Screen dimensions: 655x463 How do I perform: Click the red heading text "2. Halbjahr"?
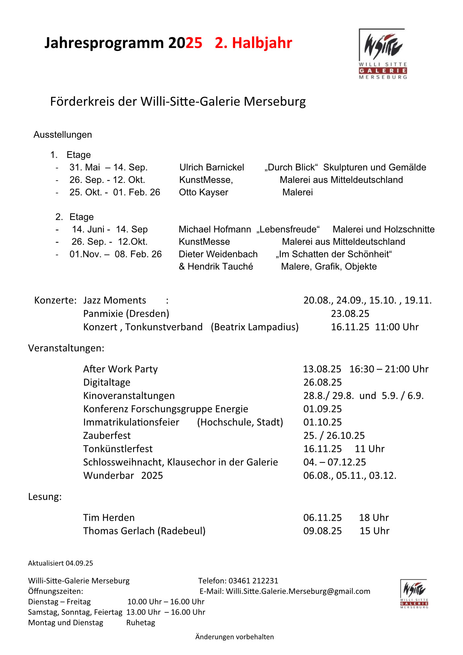[x=253, y=43]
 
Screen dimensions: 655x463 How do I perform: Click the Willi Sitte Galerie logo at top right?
[x=383, y=54]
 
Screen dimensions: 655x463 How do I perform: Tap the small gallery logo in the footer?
[x=414, y=593]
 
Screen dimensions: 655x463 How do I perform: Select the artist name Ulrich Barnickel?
[x=212, y=167]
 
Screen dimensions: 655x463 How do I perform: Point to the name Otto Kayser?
[x=203, y=192]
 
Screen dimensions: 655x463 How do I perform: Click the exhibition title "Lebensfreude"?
[x=288, y=229]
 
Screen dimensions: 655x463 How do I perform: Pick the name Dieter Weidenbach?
[x=218, y=254]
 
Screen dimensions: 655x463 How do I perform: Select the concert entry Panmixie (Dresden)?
[x=126, y=314]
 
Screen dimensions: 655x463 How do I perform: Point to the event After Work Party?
[x=120, y=369]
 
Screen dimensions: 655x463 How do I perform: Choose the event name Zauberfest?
[x=107, y=435]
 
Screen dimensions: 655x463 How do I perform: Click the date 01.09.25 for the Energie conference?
[x=322, y=409]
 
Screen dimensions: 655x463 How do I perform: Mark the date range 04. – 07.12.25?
[x=335, y=462]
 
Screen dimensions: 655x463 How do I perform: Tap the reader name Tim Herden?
[x=109, y=517]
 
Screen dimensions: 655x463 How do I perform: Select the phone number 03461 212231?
[x=253, y=581]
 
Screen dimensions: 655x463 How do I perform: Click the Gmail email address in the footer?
[x=298, y=591]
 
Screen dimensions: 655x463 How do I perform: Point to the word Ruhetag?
[x=141, y=623]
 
